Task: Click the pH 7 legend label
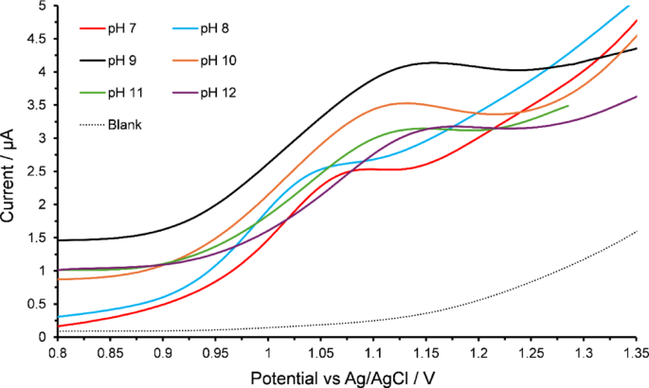point(122,29)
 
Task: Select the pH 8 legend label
point(215,29)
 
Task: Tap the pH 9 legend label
point(122,62)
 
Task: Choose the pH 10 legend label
point(219,62)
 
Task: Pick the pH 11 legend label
point(125,93)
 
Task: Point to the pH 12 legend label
point(219,93)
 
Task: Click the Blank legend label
point(124,125)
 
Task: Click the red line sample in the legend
point(92,29)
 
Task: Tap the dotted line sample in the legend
point(92,125)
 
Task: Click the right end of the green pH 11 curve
point(568,105)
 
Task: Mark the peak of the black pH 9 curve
point(433,62)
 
